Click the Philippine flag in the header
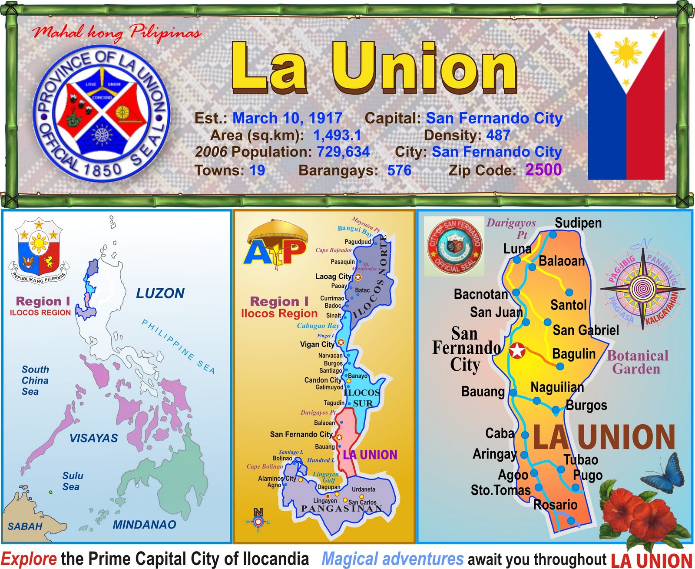pyautogui.click(x=626, y=104)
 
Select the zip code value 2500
pyautogui.click(x=543, y=170)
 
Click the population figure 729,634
pyautogui.click(x=343, y=152)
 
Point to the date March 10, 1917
pyautogui.click(x=287, y=118)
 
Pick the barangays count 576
pyautogui.click(x=399, y=170)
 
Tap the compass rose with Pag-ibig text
pyautogui.click(x=642, y=288)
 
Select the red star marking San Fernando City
pyautogui.click(x=517, y=350)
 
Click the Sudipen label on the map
pyautogui.click(x=578, y=223)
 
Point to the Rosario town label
pyautogui.click(x=555, y=505)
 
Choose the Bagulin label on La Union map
pyautogui.click(x=573, y=354)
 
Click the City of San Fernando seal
pyautogui.click(x=454, y=246)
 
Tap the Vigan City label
pyautogui.click(x=317, y=344)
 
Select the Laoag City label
pyautogui.click(x=333, y=276)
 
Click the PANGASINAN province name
pyautogui.click(x=342, y=509)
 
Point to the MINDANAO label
pyautogui.click(x=144, y=525)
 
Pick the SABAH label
pyautogui.click(x=25, y=526)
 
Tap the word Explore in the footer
pyautogui.click(x=29, y=559)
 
